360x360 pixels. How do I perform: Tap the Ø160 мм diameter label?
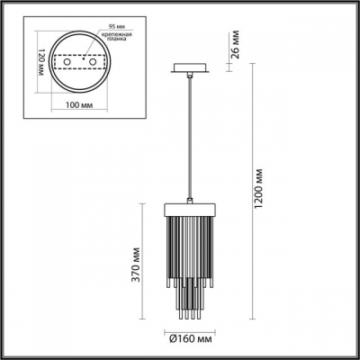189,341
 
